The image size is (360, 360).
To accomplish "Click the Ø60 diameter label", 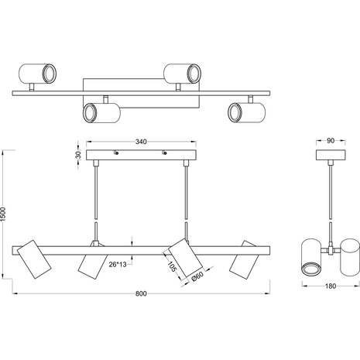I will coord(197,274).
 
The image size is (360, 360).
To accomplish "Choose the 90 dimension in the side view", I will coord(329,142).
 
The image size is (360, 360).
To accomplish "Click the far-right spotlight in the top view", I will coord(242,111).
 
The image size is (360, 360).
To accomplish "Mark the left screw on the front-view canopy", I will coord(115,153).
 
